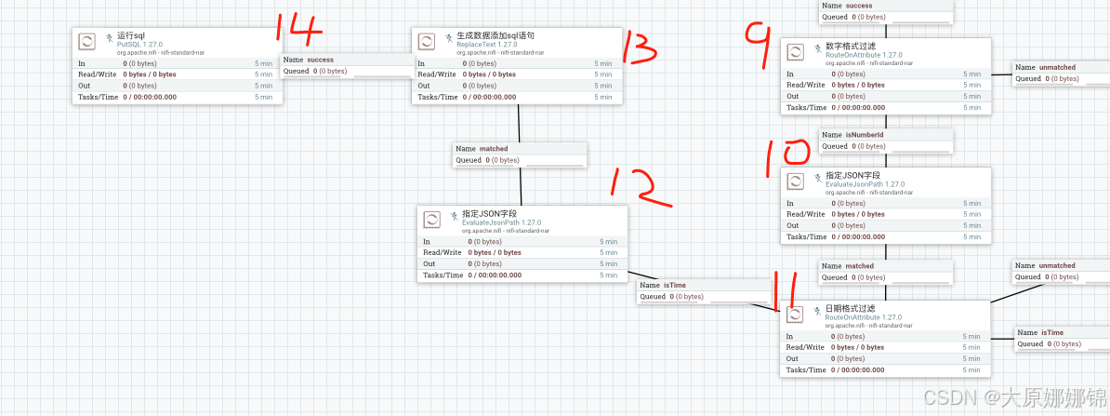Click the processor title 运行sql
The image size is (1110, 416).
(131, 35)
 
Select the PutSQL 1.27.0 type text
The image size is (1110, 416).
(139, 44)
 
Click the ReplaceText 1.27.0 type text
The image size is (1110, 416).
(487, 44)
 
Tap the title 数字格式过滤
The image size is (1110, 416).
(850, 46)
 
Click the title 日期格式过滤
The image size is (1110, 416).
(850, 308)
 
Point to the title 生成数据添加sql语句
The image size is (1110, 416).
(496, 35)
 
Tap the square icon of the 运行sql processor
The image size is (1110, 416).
(86, 41)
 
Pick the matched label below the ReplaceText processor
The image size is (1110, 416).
(494, 149)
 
